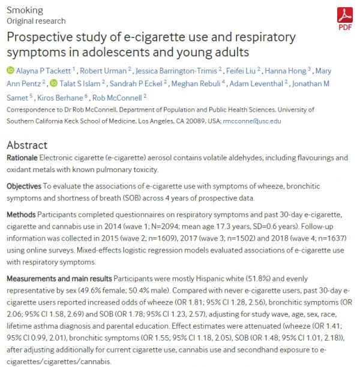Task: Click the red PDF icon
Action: pos(345,16)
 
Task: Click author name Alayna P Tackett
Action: pos(44,70)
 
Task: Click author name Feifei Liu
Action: pos(242,70)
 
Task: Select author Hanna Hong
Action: pos(290,70)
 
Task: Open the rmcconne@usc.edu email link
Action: pos(253,121)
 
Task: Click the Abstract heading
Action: pos(27,145)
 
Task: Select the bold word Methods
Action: pos(22,214)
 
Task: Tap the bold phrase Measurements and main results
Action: pos(59,279)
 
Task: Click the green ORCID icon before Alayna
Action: pos(10,70)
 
